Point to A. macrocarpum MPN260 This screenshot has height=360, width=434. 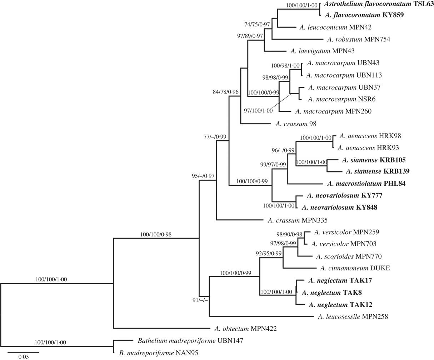[334, 111]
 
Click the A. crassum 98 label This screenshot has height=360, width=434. [296, 124]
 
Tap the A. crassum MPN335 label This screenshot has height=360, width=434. [295, 220]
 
